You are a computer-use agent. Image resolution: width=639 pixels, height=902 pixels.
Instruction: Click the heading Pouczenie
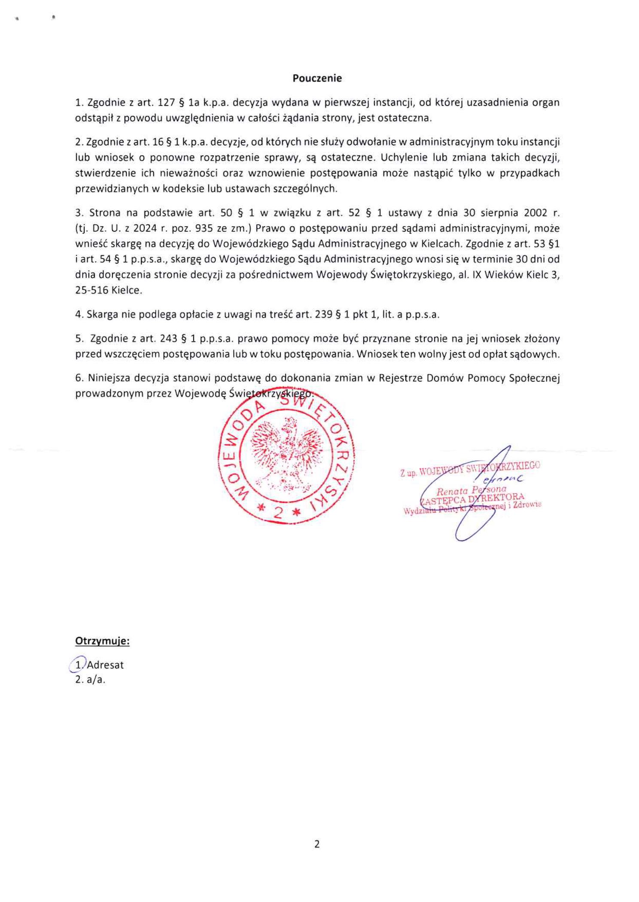pyautogui.click(x=317, y=78)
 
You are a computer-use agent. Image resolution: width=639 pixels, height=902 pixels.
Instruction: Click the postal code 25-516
pyautogui.click(x=91, y=290)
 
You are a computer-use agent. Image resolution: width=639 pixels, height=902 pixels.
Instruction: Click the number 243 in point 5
pyautogui.click(x=168, y=338)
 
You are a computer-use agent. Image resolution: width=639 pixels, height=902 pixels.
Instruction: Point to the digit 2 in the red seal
pyautogui.click(x=277, y=512)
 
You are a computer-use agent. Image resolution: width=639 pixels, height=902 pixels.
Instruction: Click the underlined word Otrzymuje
pyautogui.click(x=102, y=641)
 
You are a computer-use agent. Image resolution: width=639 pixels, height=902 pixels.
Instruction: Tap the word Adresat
pyautogui.click(x=105, y=665)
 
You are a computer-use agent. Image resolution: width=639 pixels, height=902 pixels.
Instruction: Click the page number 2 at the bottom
pyautogui.click(x=317, y=844)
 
